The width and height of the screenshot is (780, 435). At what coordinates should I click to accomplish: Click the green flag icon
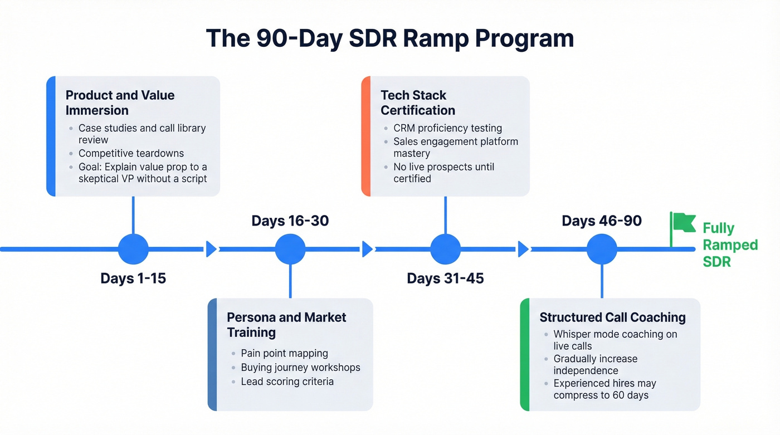[682, 224]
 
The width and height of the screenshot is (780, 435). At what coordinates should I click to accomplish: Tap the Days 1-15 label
[133, 278]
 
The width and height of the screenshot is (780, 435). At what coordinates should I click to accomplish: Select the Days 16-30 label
[290, 221]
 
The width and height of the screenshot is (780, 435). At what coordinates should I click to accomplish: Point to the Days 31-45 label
[445, 278]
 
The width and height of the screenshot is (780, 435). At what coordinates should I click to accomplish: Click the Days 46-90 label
[602, 221]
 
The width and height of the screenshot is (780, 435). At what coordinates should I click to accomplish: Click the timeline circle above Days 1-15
[133, 249]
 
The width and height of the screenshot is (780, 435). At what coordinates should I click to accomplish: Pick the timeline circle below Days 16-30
[290, 249]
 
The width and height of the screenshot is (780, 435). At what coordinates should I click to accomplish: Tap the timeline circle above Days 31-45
[445, 249]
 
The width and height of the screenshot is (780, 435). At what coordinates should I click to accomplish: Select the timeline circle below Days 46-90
[602, 249]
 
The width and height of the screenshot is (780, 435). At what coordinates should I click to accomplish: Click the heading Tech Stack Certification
[418, 102]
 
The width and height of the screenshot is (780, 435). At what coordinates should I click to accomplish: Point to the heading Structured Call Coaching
[612, 317]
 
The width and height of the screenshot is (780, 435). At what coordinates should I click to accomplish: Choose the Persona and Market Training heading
[286, 325]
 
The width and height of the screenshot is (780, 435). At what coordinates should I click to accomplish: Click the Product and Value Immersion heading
[120, 102]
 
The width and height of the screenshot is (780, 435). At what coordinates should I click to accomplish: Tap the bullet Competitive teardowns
[131, 153]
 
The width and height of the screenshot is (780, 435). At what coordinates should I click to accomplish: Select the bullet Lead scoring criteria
[287, 382]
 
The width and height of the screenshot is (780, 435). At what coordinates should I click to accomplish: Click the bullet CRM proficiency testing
[447, 128]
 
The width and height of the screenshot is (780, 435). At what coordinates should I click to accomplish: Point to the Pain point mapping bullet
[284, 353]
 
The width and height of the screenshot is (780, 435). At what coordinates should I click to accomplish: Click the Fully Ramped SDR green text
[729, 245]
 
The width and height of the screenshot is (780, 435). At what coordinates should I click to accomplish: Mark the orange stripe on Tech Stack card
[365, 136]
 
